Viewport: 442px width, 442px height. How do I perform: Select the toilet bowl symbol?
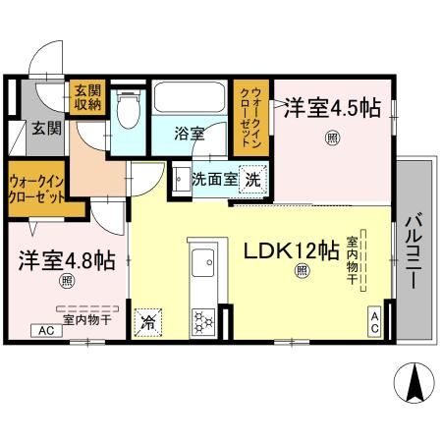(124, 116)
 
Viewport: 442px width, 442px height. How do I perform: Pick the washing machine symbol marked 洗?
(252, 181)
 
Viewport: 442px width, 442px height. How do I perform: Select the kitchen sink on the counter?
(205, 263)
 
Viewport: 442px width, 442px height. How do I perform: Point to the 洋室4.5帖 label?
(332, 108)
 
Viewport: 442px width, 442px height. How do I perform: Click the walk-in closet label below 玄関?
(37, 187)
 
